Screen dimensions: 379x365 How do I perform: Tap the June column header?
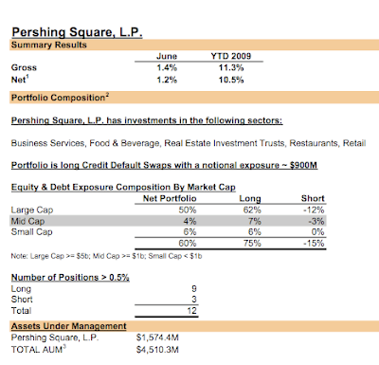[167, 56]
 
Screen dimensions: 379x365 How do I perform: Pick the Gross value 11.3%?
[226, 68]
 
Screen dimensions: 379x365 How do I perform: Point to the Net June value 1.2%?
[167, 81]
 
